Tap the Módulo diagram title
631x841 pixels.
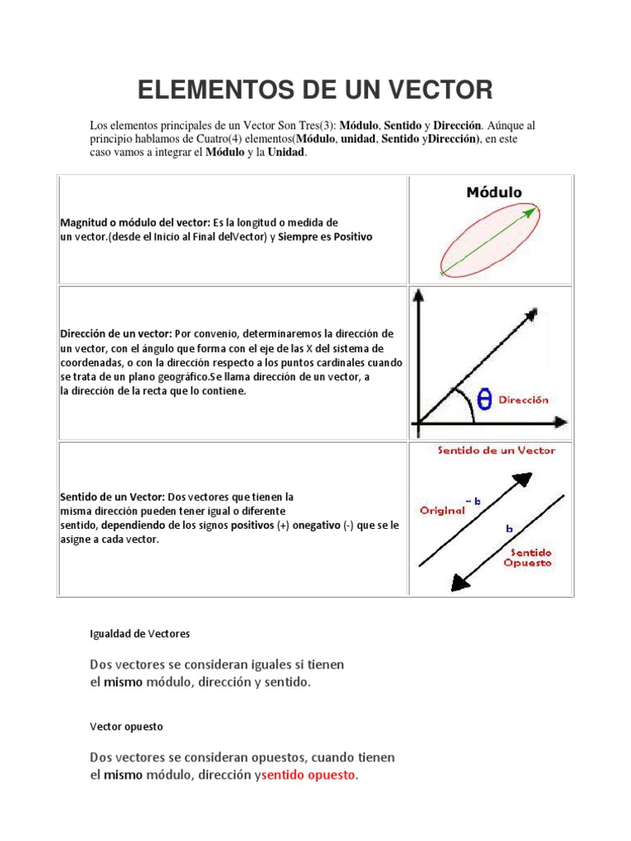tap(494, 193)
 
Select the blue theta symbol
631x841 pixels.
tap(484, 399)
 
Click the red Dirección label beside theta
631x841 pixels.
tap(523, 401)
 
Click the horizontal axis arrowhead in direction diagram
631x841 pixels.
tap(561, 423)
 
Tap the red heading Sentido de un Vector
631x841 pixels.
tap(495, 450)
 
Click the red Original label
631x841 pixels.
tap(442, 510)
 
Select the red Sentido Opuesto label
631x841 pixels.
tap(528, 558)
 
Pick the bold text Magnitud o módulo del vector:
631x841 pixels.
tap(136, 223)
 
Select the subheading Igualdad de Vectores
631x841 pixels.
tap(139, 633)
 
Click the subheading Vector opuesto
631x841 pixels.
tap(126, 727)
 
